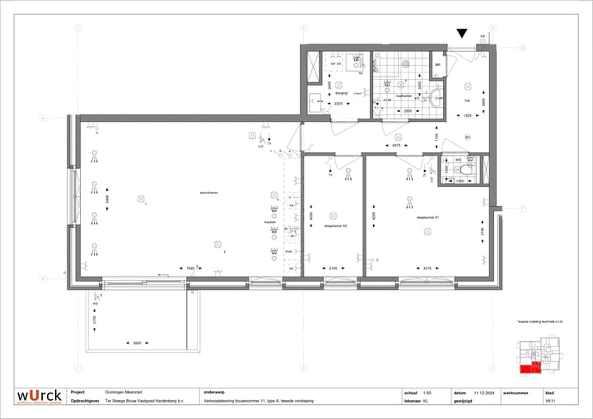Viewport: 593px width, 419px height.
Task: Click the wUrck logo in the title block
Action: [x=40, y=397]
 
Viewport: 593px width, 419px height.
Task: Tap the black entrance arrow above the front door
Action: [x=462, y=34]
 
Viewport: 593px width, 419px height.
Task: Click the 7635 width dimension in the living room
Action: [x=190, y=268]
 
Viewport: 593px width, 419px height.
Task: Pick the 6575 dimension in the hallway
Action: [x=396, y=145]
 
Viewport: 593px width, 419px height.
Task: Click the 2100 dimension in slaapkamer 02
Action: [x=334, y=268]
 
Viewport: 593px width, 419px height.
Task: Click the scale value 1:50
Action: [x=427, y=393]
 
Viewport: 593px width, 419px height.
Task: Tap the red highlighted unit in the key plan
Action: [x=535, y=367]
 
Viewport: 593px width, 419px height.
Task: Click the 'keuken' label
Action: [x=269, y=222]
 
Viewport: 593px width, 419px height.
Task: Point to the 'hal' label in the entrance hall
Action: [x=466, y=100]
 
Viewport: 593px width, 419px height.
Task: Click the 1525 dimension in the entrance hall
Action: [x=466, y=116]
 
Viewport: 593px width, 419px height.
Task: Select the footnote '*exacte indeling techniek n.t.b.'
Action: [x=539, y=322]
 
